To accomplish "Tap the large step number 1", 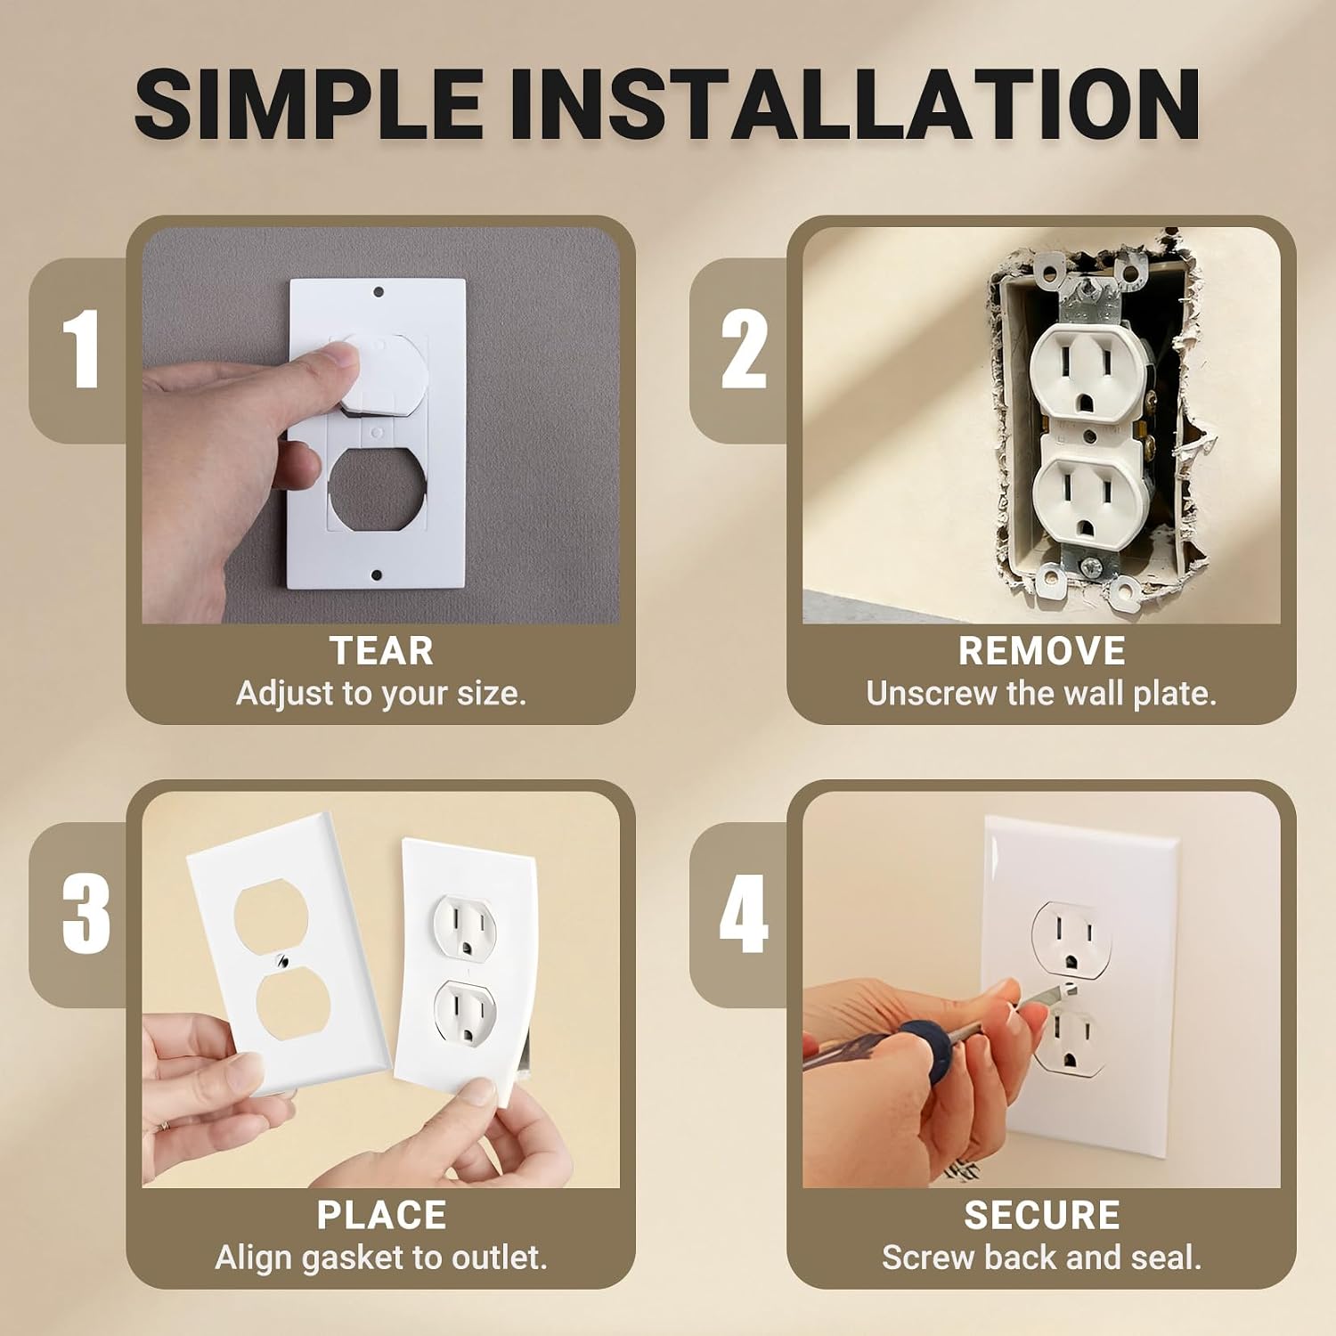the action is [83, 350].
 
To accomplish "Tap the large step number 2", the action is [744, 350].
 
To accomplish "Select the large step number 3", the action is [86, 914].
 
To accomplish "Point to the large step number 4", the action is [744, 914].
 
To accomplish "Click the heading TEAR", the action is [381, 651].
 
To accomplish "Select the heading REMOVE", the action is [1041, 651].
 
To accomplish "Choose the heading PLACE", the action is [381, 1216].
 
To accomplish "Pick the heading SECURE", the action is [1041, 1216].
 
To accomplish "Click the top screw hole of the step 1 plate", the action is [378, 292].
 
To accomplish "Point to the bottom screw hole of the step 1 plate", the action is [377, 575].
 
